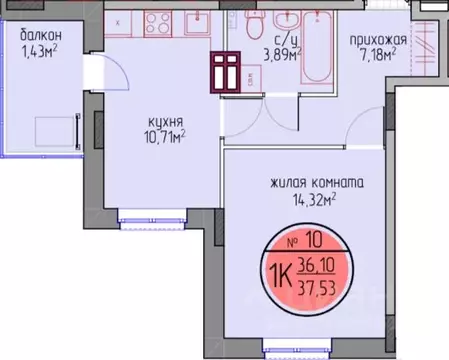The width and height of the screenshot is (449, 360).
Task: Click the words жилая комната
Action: click(x=315, y=183)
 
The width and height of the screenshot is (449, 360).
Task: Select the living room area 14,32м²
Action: click(x=315, y=201)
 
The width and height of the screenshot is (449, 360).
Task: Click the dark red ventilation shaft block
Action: click(x=225, y=70)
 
